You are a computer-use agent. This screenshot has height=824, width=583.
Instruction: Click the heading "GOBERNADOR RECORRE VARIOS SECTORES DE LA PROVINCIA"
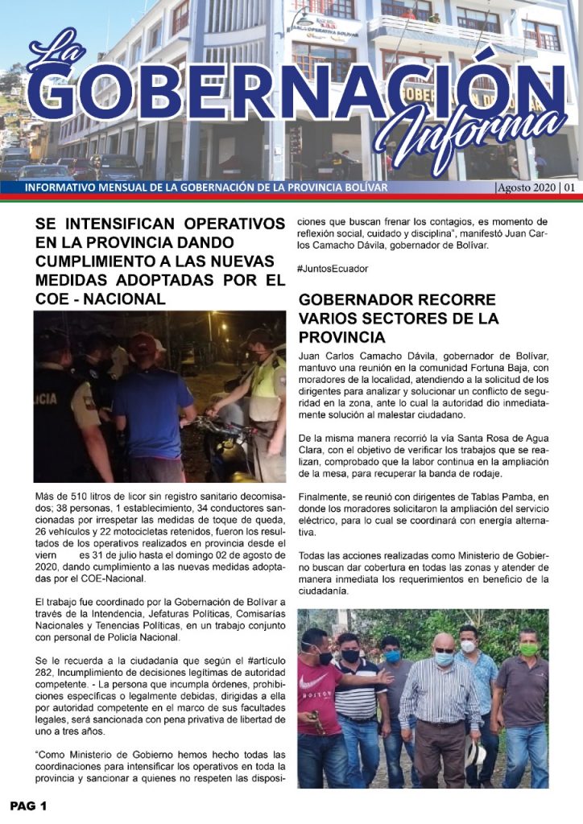pyautogui.click(x=398, y=318)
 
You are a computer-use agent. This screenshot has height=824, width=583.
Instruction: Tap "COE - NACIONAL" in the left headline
pyautogui.click(x=100, y=299)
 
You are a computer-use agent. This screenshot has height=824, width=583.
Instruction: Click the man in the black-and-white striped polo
pyautogui.click(x=357, y=700)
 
